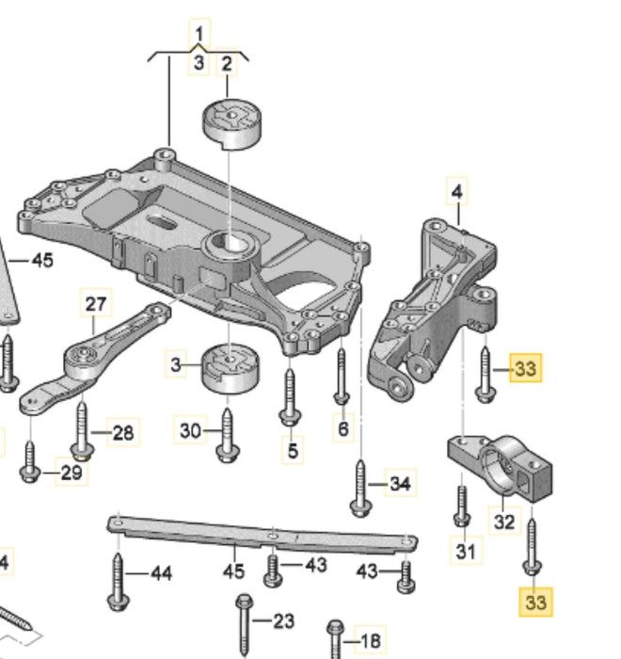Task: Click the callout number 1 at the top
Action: (199, 35)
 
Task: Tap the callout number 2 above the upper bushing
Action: (226, 64)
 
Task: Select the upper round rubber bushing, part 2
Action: (231, 122)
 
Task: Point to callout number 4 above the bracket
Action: (456, 194)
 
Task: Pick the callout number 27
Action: (97, 304)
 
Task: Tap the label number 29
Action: (72, 472)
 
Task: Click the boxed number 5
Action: (293, 452)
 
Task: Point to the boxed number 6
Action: (342, 429)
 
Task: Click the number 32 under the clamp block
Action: (505, 519)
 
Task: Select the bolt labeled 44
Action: (118, 575)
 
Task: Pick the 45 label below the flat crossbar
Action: (233, 571)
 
